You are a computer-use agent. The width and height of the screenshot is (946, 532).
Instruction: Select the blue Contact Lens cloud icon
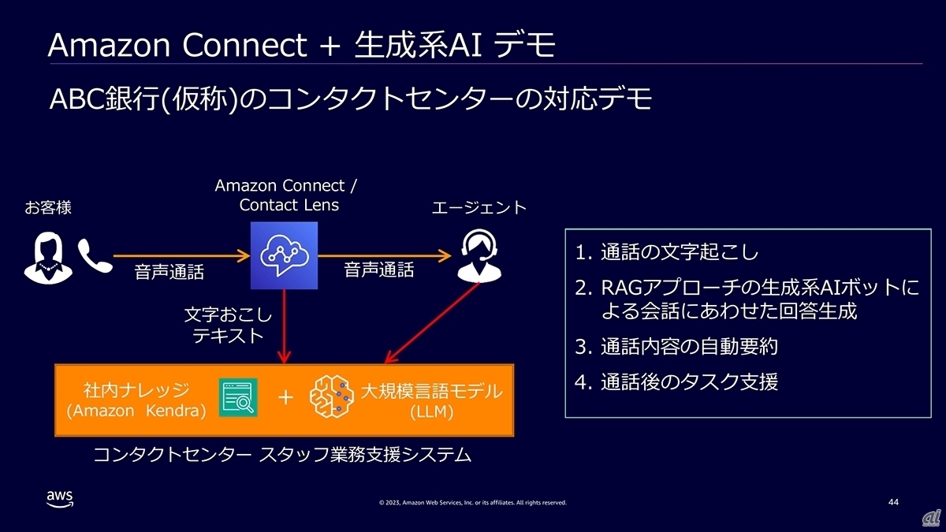284,255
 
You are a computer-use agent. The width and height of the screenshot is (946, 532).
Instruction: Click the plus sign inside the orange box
285,398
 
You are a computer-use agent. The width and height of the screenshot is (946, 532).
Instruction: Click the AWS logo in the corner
60,499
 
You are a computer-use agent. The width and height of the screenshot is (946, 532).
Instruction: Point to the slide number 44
893,502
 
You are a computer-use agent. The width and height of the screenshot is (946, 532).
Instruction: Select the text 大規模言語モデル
430,391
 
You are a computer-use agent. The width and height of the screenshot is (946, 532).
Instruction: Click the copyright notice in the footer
472,503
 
